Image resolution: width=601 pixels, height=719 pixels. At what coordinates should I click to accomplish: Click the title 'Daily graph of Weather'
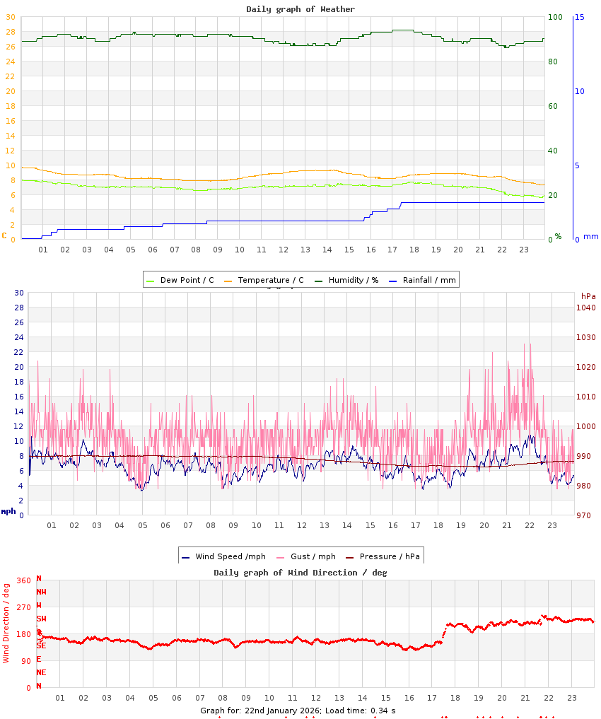pyautogui.click(x=300, y=9)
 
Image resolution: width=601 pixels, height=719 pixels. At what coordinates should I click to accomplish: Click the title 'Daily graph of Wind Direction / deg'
pyautogui.click(x=300, y=573)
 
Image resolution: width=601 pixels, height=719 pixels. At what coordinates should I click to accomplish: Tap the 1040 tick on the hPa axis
pyautogui.click(x=585, y=308)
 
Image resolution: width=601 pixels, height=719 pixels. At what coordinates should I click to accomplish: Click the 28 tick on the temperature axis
pyautogui.click(x=10, y=32)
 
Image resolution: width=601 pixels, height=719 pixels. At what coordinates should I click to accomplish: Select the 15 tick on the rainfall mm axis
pyautogui.click(x=579, y=17)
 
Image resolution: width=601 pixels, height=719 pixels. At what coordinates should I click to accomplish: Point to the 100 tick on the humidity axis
pyautogui.click(x=555, y=17)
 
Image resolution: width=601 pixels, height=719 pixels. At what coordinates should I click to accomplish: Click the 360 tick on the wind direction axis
pyautogui.click(x=23, y=580)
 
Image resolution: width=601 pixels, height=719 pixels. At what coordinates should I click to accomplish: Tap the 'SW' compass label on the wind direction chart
pyautogui.click(x=42, y=619)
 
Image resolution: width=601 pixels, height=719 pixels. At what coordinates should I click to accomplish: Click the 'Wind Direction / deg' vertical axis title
pyautogui.click(x=6, y=622)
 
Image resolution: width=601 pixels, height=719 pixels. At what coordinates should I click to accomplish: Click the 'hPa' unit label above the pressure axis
pyautogui.click(x=588, y=296)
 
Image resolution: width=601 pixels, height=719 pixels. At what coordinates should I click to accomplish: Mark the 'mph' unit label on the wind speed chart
pyautogui.click(x=8, y=511)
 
